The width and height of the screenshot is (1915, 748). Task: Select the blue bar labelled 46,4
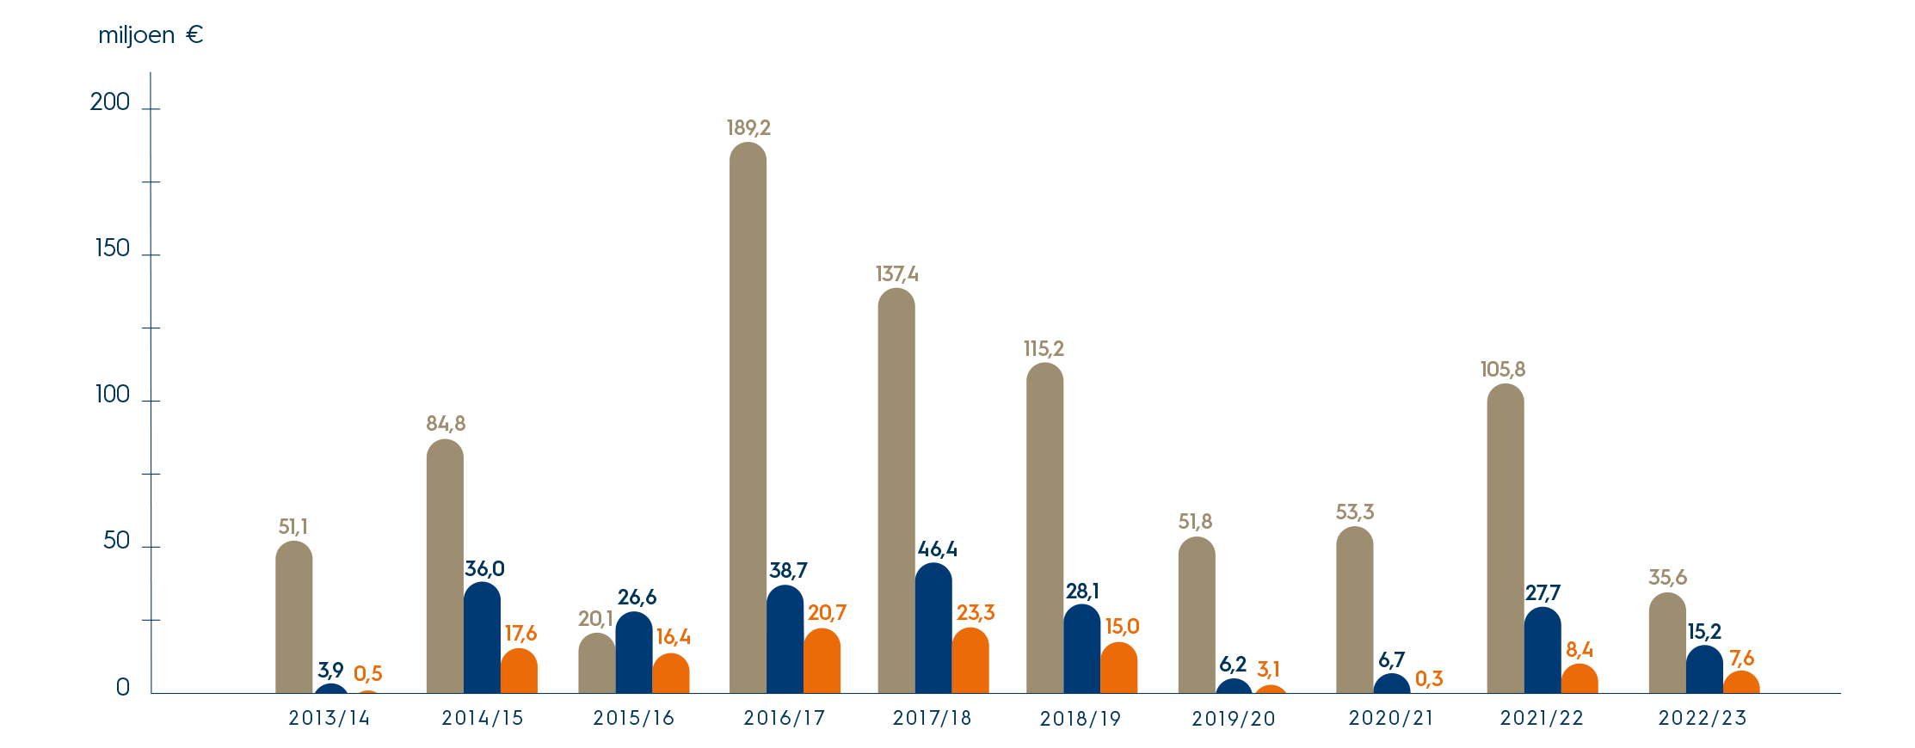(x=933, y=628)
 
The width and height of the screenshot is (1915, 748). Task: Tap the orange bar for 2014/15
(x=519, y=671)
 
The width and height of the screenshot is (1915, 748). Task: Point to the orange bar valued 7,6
(x=1741, y=682)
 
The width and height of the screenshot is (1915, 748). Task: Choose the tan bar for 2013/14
(x=294, y=616)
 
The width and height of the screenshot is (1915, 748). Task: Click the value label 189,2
(x=748, y=128)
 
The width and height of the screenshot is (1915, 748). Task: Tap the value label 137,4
(x=896, y=274)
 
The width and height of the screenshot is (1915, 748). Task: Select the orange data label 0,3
(x=1428, y=679)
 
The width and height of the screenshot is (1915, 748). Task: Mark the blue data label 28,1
(x=1081, y=592)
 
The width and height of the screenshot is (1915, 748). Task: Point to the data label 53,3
(x=1354, y=512)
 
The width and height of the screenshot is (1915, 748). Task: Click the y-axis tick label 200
(x=110, y=102)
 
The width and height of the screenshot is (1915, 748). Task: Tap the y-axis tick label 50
(x=116, y=541)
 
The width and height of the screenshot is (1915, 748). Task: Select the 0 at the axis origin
(x=122, y=687)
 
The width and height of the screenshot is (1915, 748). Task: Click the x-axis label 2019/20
(x=1233, y=719)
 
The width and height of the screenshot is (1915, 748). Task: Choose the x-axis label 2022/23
(x=1703, y=718)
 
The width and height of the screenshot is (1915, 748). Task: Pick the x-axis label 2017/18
(x=932, y=718)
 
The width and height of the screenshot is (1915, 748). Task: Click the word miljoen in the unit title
(x=136, y=36)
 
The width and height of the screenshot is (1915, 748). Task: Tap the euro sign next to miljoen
(x=194, y=35)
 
